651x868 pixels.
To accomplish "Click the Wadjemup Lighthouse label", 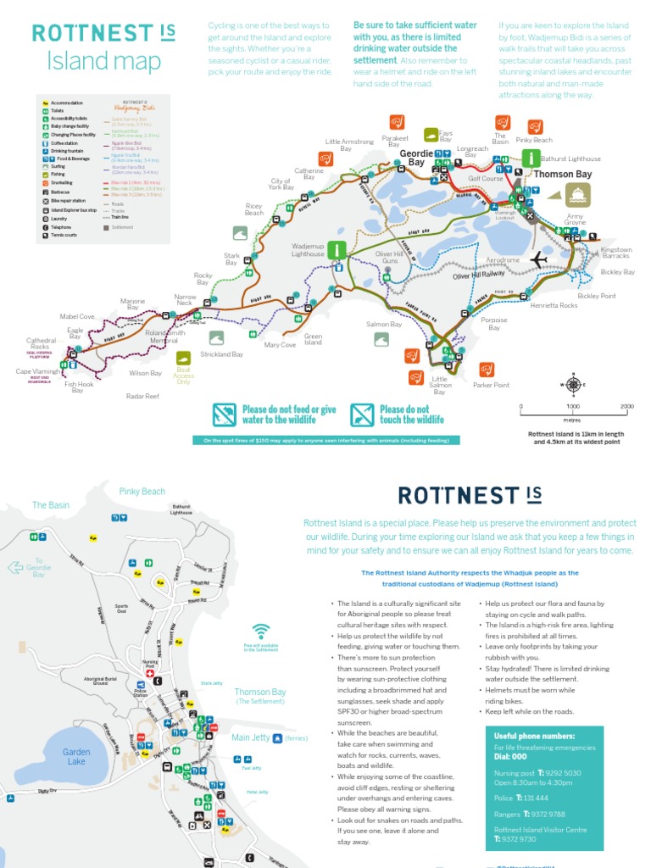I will pos(308,250).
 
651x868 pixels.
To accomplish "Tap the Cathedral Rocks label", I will pos(41,343).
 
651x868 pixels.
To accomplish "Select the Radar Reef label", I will pos(142,396).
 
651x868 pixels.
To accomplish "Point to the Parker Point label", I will pos(491,385).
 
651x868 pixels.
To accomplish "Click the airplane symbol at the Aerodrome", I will pos(539,259).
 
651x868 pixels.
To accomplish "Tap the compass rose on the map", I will pos(573,385).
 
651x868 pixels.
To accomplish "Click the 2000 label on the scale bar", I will pos(626,407).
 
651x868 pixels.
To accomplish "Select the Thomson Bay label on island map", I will pos(562,175).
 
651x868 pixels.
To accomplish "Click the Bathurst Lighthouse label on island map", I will pos(570,159).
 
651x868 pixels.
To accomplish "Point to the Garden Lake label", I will pos(76,756).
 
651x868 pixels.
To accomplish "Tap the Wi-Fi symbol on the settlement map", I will pos(261,631).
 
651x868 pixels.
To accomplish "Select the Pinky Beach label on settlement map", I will pos(142,492).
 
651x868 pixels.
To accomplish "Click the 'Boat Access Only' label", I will pos(183,376).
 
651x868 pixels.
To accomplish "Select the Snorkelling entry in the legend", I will pos(62,182).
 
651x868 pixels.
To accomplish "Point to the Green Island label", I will pos(314,340).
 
